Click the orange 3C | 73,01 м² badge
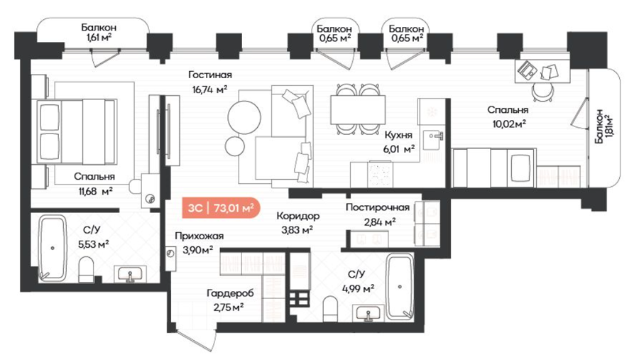(221, 207)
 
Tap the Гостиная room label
(210, 75)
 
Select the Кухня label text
(398, 135)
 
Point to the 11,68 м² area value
(95, 190)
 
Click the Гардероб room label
(230, 293)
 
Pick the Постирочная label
(378, 207)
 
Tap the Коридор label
(297, 216)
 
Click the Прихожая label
(200, 236)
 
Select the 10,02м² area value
(509, 124)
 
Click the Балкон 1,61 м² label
(98, 33)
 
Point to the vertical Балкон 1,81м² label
(603, 126)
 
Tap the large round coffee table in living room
(244, 116)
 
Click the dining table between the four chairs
(358, 109)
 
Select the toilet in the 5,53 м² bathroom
(86, 268)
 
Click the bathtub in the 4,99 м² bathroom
(400, 287)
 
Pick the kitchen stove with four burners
(381, 174)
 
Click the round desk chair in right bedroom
(543, 92)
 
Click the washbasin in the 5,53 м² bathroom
(130, 273)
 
